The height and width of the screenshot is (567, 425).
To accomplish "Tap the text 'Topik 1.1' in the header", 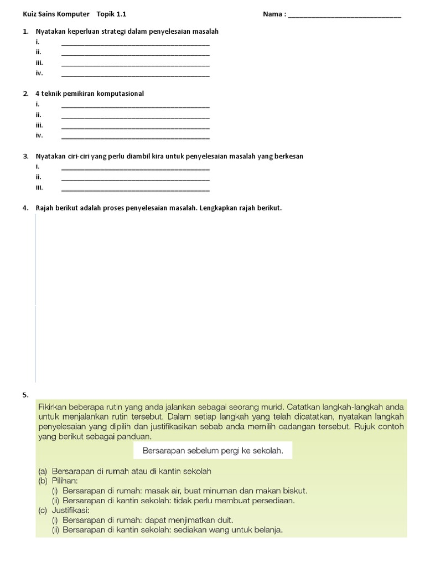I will click(115, 14).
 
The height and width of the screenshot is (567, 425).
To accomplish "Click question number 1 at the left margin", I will click(25, 32).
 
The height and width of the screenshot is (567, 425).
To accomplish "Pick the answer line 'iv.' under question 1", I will click(136, 75).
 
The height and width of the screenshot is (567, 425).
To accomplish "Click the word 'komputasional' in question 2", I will click(120, 94).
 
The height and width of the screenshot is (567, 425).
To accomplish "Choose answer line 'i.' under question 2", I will click(136, 106).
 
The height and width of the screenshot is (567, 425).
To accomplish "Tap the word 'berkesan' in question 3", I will click(289, 156).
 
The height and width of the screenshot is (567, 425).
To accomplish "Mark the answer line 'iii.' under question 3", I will click(136, 189).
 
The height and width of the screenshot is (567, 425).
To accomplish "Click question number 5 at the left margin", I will click(25, 395).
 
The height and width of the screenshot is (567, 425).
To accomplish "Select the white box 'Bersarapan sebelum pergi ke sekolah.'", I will click(213, 451).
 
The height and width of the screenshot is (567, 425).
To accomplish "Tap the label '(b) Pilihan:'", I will click(58, 481).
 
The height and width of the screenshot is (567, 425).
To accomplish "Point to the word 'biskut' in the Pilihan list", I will click(295, 491).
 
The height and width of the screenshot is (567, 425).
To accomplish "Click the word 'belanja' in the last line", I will click(268, 530).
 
